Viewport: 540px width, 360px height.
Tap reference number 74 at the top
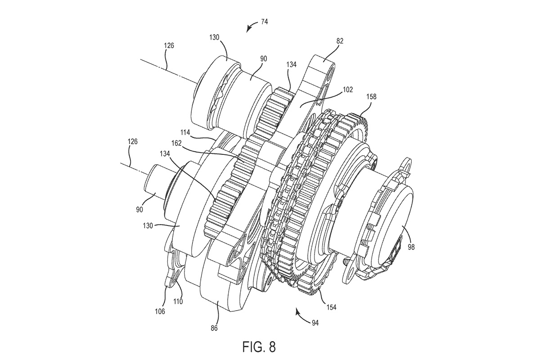tap(264, 22)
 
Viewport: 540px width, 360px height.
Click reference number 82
tap(339, 41)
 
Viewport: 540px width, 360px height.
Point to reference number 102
tap(347, 90)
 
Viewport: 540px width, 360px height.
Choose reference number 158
tap(371, 97)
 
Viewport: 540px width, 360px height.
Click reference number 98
tap(411, 247)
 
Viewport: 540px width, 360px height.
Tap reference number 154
tap(331, 307)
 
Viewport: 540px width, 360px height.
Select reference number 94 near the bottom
tap(315, 323)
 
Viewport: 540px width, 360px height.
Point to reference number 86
tap(214, 328)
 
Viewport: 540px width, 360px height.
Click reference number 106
tap(160, 311)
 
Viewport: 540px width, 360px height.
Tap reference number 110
tap(178, 301)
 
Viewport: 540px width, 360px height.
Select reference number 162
tap(176, 143)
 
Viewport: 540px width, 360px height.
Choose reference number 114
tap(185, 132)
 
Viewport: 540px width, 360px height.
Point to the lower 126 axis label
tap(132, 141)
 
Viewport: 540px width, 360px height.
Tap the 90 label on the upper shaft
tap(264, 59)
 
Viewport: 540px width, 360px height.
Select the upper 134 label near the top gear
tap(291, 65)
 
